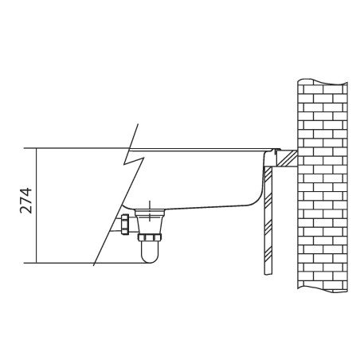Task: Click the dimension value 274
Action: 25,201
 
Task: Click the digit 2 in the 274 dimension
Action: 25,209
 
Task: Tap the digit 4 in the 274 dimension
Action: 25,192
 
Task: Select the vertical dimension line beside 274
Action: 36,205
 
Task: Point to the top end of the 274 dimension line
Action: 36,148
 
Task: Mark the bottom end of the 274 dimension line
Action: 36,263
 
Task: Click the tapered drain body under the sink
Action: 150,221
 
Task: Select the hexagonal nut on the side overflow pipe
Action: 125,225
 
